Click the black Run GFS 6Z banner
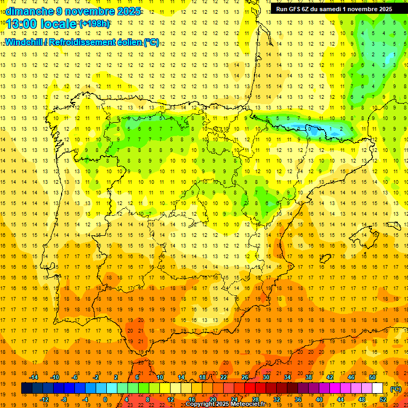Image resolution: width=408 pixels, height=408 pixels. pyautogui.click(x=334, y=9)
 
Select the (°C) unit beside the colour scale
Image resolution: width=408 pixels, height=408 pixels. pyautogui.click(x=395, y=389)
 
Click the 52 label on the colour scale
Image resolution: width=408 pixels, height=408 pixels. pyautogui.click(x=383, y=399)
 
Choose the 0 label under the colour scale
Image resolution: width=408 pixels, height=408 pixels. pyautogui.click(x=105, y=399)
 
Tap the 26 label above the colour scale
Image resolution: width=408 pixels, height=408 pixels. pyautogui.click(x=245, y=377)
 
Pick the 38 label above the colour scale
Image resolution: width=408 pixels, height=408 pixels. pyautogui.click(x=308, y=377)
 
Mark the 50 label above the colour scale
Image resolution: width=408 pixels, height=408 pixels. pyautogui.click(x=372, y=377)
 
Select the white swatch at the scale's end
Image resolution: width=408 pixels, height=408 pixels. pyautogui.click(x=377, y=388)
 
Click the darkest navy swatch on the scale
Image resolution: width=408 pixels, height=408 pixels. pyautogui.click(x=27, y=388)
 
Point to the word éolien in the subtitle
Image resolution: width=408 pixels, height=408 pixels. pyautogui.click(x=127, y=41)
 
